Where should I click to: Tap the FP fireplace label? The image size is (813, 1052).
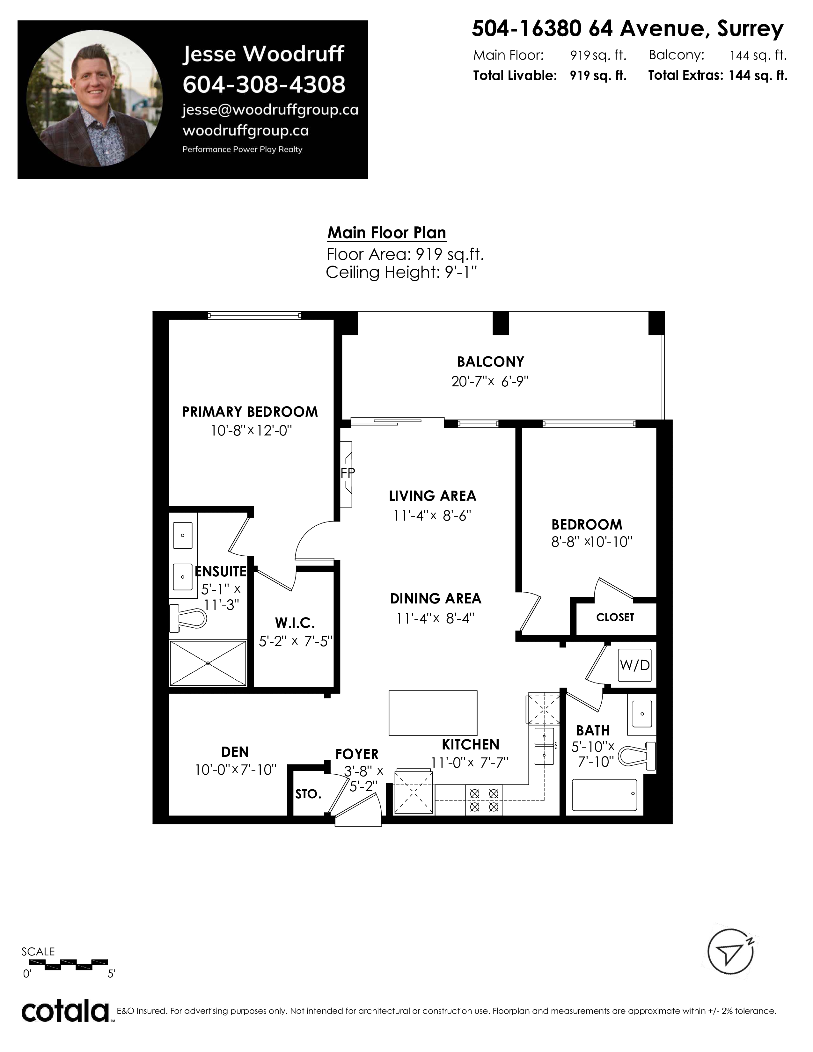tap(347, 473)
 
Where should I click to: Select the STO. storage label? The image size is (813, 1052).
tap(308, 794)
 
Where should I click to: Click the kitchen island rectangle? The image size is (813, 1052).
tap(433, 713)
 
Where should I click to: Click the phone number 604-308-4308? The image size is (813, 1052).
tap(264, 84)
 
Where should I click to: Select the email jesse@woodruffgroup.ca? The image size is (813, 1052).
tap(270, 110)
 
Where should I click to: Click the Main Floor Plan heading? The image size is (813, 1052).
tap(387, 233)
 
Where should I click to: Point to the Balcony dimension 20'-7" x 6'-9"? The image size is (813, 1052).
tap(490, 382)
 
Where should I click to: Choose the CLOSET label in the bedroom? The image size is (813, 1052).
tap(615, 617)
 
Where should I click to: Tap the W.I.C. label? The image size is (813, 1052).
tap(295, 623)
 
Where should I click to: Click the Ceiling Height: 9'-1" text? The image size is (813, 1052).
tap(402, 273)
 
